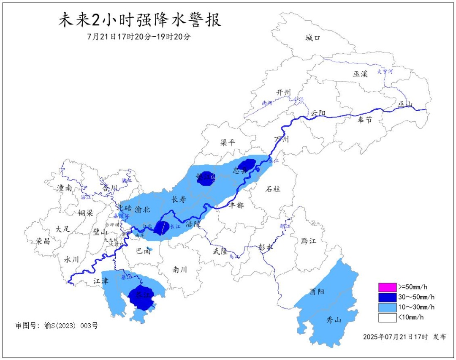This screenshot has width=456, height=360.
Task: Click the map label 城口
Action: click(x=313, y=38)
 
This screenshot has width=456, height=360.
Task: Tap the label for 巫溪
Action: click(x=361, y=74)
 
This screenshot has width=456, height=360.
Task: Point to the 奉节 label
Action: click(x=365, y=120)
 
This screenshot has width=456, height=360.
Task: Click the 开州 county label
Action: click(x=284, y=93)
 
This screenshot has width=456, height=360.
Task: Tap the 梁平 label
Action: click(x=228, y=143)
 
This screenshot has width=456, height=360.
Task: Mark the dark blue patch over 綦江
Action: click(x=141, y=297)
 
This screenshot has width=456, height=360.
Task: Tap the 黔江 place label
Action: click(x=309, y=241)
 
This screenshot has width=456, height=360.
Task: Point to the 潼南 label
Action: click(x=64, y=188)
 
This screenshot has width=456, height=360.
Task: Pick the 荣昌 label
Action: click(x=43, y=241)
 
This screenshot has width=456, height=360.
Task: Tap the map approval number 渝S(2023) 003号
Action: click(x=56, y=326)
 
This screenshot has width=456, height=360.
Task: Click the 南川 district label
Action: click(x=180, y=270)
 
